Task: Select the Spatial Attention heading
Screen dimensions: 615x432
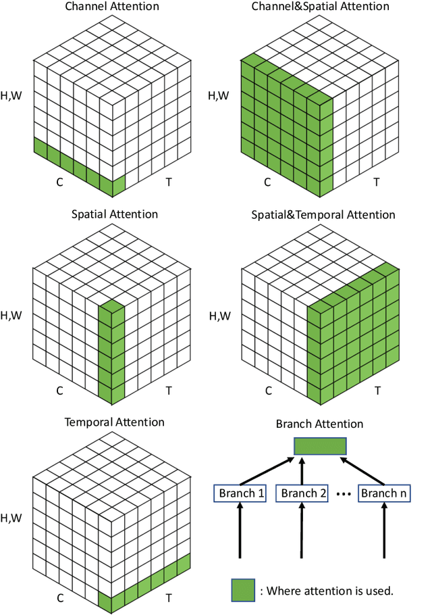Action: (x=114, y=214)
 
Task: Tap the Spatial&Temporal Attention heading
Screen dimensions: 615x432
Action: (x=323, y=215)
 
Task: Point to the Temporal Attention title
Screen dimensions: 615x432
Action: (x=114, y=422)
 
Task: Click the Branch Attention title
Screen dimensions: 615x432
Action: (x=320, y=424)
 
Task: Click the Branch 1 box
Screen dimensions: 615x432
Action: (x=240, y=493)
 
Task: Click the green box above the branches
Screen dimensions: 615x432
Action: (x=320, y=447)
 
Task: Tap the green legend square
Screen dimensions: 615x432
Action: (x=242, y=590)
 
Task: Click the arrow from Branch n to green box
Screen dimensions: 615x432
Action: (x=364, y=470)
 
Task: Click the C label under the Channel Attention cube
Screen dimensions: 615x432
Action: (x=59, y=182)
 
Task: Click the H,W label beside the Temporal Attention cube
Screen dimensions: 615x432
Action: (x=11, y=518)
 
